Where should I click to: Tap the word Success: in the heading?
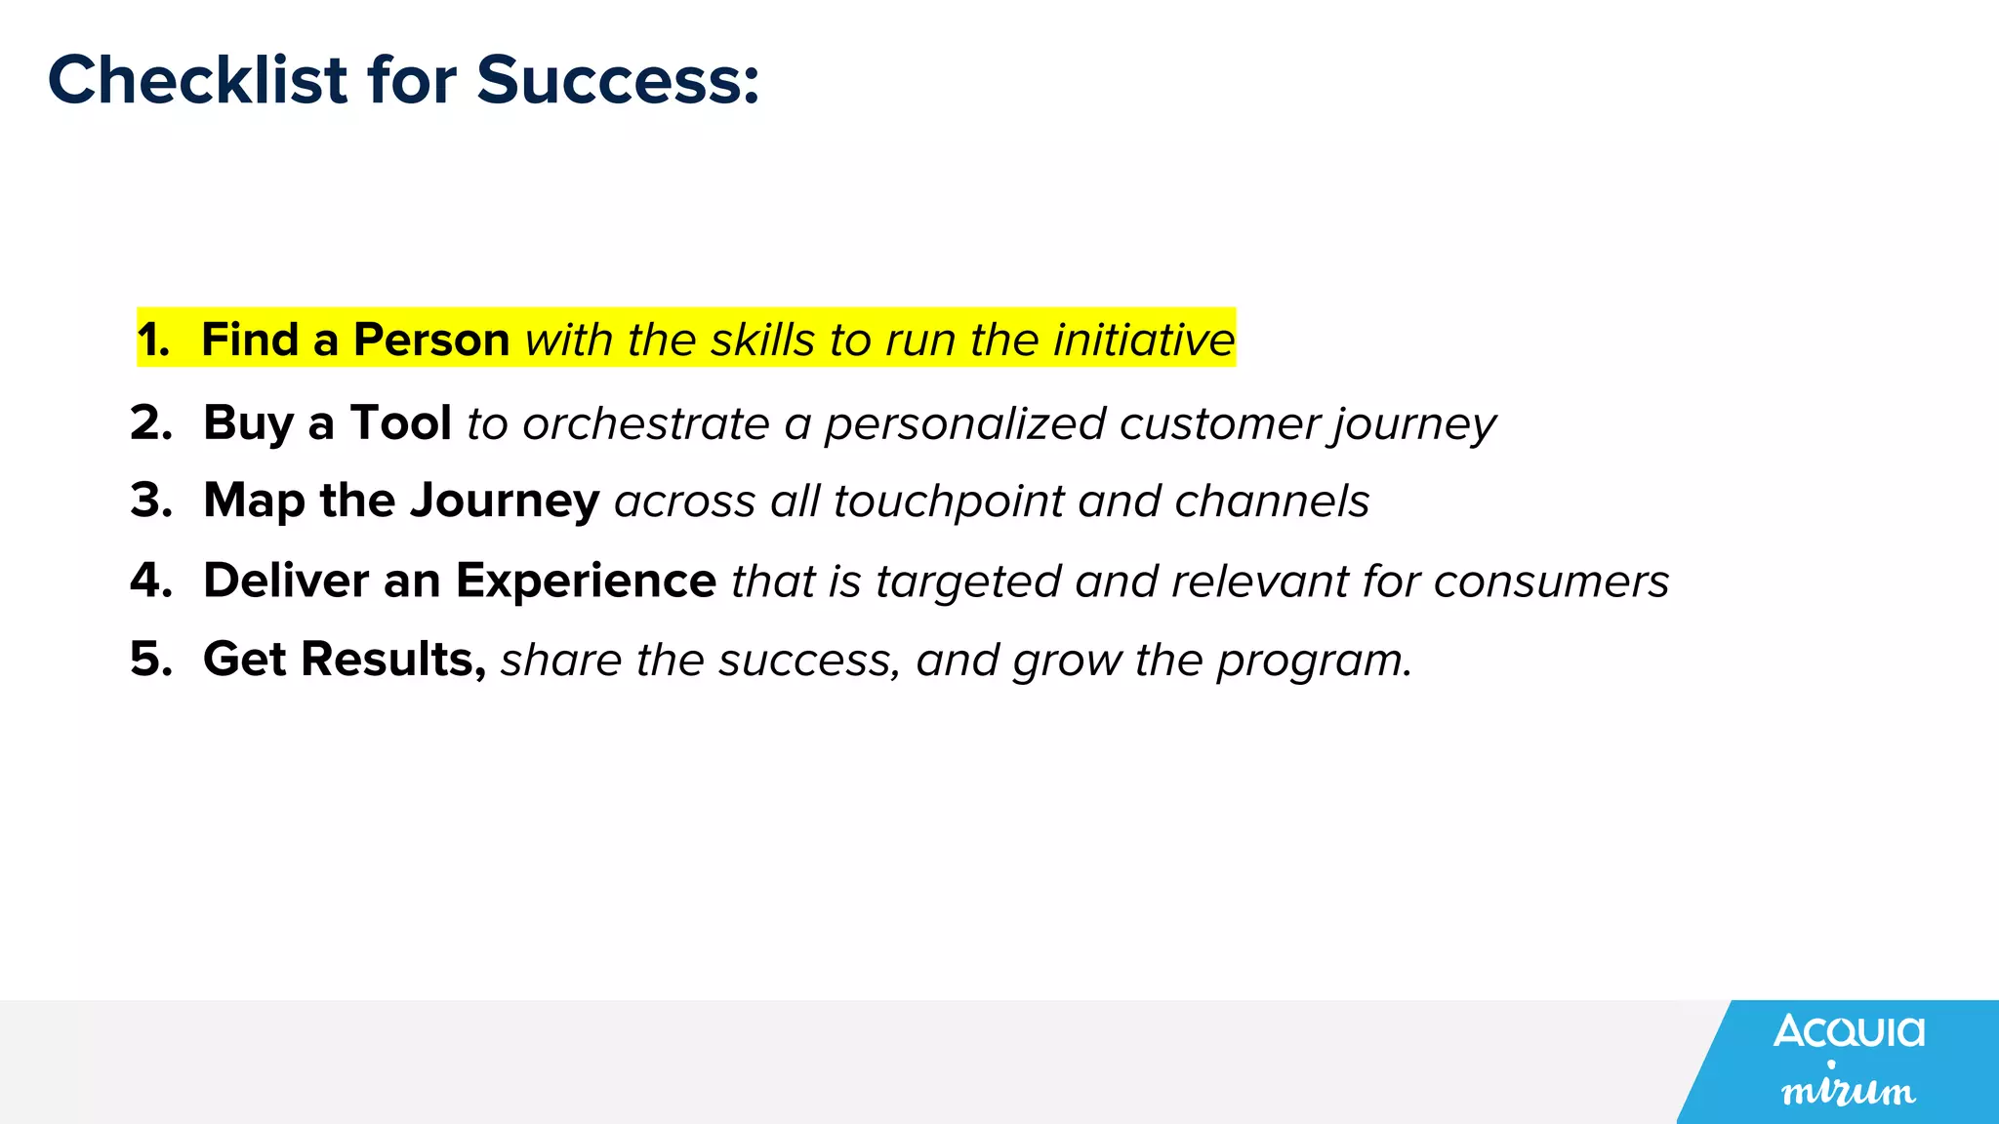(618, 80)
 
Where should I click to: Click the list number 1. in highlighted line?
(153, 340)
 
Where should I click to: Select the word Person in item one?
(430, 340)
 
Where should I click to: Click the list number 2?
(151, 423)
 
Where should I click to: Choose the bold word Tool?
(400, 423)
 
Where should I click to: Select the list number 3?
(151, 501)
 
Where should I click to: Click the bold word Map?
(254, 502)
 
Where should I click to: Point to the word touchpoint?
(948, 502)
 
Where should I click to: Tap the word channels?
(1272, 502)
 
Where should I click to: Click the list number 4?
(151, 581)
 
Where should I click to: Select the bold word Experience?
(586, 581)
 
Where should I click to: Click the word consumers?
(1551, 582)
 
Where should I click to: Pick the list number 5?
(151, 660)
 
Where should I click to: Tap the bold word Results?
(393, 660)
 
